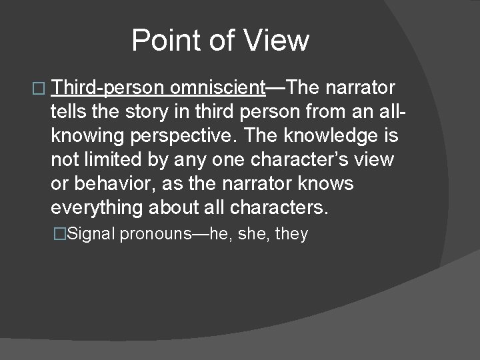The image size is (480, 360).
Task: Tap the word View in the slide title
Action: click(278, 40)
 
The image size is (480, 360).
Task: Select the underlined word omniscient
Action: click(218, 88)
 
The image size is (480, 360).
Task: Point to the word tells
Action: click(67, 112)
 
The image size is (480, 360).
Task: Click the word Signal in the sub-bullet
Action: click(92, 234)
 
